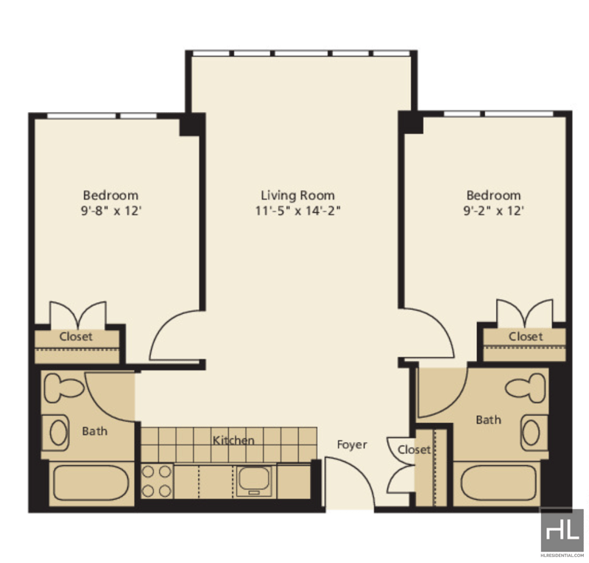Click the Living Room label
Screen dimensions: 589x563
[x=297, y=195]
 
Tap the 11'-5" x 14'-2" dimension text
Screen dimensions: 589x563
[x=297, y=211]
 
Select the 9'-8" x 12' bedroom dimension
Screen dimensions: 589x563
[x=111, y=211]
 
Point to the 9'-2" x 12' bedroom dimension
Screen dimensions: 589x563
[x=493, y=211]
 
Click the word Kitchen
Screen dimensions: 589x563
[x=233, y=441]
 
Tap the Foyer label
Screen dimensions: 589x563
[x=352, y=445]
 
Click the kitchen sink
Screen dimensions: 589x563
[x=254, y=481]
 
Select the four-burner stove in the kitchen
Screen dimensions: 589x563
[x=157, y=481]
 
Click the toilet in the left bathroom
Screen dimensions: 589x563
[x=64, y=388]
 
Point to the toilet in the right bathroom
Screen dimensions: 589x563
[x=525, y=388]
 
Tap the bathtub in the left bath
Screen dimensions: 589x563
[x=91, y=483]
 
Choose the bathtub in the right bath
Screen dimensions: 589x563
[x=498, y=483]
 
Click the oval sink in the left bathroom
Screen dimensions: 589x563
[x=59, y=433]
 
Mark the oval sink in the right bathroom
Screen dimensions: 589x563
[x=531, y=433]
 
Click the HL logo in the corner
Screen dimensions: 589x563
[x=562, y=531]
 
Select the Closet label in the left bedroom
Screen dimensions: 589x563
[x=76, y=337]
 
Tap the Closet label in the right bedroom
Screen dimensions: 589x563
[x=526, y=337]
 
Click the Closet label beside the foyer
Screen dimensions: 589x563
[x=414, y=450]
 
